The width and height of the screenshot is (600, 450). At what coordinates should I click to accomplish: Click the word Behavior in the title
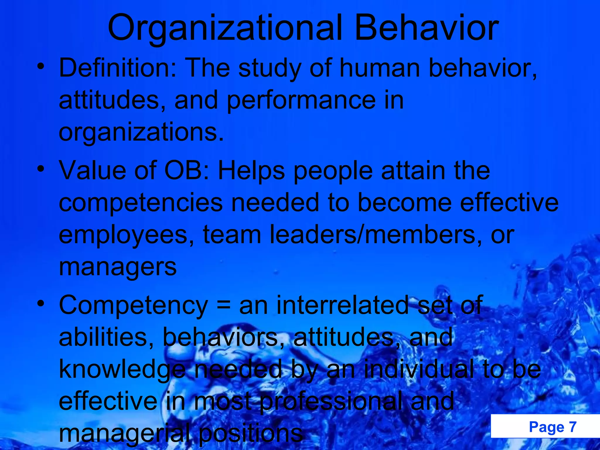[426, 28]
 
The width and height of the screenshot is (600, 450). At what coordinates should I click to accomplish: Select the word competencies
[141, 203]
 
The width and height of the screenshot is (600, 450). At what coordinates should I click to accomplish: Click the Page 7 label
[553, 427]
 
